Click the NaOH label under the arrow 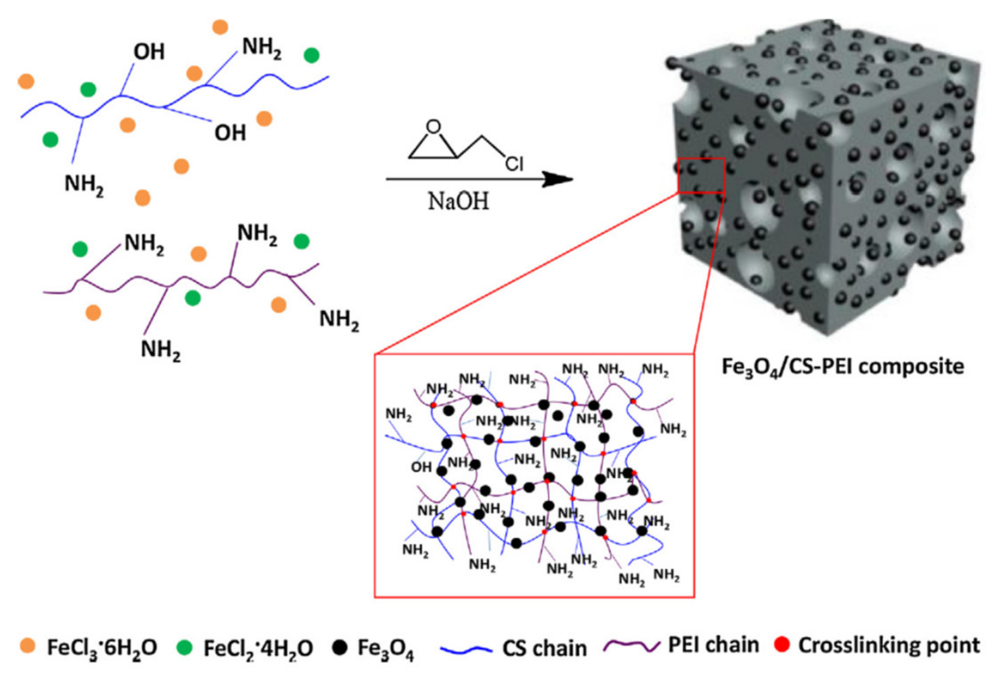pos(458,202)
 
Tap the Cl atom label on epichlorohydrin pos(514,164)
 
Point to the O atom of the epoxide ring pos(433,127)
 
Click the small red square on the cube pos(701,175)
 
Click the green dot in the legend pos(184,647)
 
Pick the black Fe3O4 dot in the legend pos(339,647)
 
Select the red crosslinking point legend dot pos(782,644)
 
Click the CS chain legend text pos(545,648)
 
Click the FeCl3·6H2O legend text pos(102,648)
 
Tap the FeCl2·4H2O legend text pos(258,648)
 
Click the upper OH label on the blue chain pos(149,52)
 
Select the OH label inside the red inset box pos(421,467)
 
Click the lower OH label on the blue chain pos(230,133)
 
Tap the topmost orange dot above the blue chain pos(220,27)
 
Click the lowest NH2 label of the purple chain pos(161,350)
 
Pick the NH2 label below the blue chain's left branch pos(84,184)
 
